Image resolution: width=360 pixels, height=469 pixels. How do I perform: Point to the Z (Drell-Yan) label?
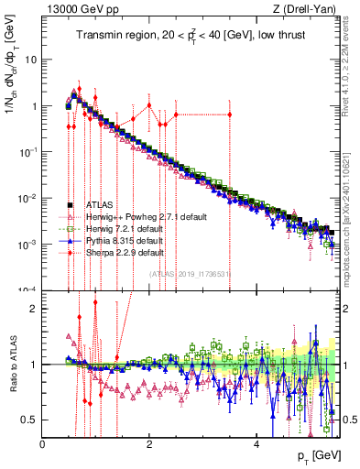pos(308,9)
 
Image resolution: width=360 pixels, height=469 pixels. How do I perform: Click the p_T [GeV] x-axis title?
pos(321,456)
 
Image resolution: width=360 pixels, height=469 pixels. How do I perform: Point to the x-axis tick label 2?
pos(150,444)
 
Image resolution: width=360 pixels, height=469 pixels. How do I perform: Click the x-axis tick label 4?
pos(257,444)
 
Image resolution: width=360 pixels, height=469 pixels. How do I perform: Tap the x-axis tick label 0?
pos(43,444)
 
